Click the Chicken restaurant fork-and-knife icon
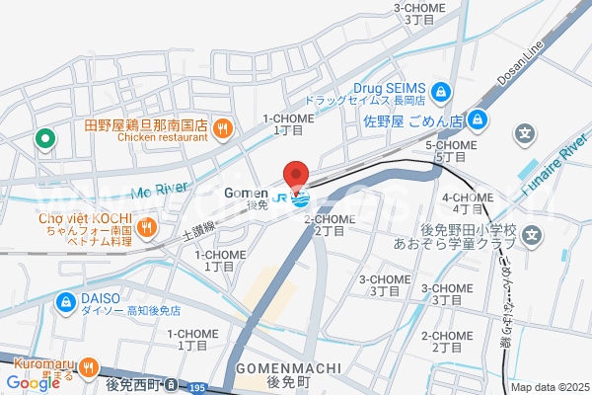click(223, 126)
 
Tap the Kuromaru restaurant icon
click(89, 363)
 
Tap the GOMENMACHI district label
click(288, 366)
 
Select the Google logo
click(33, 383)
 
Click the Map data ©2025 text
click(549, 387)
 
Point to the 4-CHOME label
click(475, 197)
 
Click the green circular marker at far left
click(43, 139)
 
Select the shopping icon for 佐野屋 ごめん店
click(477, 120)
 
